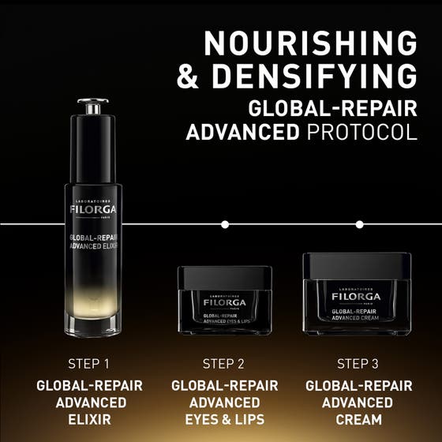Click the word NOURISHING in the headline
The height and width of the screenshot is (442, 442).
tap(310, 43)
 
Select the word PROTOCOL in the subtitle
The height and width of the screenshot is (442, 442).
tap(359, 131)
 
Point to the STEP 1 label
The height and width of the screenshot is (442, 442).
tap(89, 364)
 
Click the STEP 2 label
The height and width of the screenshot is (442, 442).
tap(224, 364)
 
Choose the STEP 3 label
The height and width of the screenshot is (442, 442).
tap(358, 364)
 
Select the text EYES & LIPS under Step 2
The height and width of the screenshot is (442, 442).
tap(224, 419)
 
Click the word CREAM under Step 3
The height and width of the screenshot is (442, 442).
tap(358, 419)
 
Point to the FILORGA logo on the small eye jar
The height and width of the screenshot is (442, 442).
tap(224, 302)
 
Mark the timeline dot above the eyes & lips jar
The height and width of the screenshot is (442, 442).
tap(225, 224)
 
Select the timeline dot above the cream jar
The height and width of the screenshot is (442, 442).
tap(359, 224)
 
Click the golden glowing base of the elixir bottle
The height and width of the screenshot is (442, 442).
tap(92, 312)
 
